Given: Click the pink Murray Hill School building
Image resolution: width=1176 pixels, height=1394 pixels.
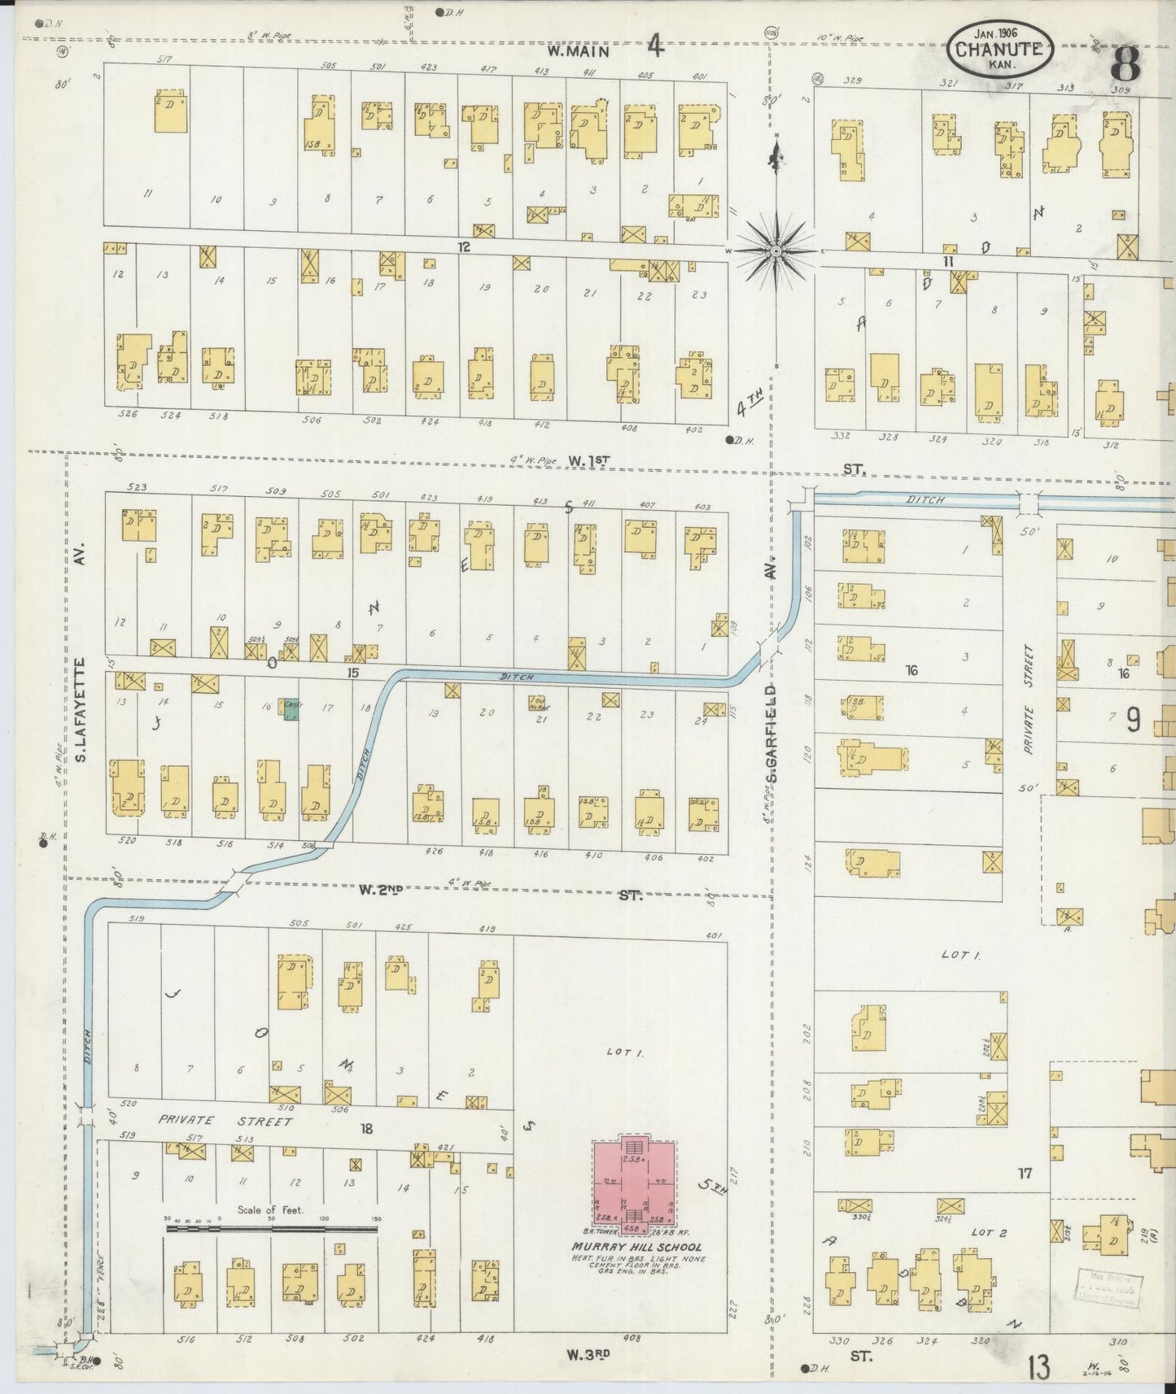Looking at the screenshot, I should pyautogui.click(x=634, y=1183).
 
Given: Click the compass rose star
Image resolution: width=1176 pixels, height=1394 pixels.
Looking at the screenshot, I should pyautogui.click(x=776, y=250).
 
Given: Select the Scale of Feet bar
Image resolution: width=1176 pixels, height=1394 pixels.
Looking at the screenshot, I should pyautogui.click(x=272, y=1228).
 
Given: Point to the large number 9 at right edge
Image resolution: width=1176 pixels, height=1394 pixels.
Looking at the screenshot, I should pyautogui.click(x=1134, y=720).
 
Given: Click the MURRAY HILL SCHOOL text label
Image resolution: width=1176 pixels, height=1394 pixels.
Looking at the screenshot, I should pyautogui.click(x=636, y=1248).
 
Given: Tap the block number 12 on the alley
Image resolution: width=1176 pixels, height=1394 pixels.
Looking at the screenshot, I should pyautogui.click(x=464, y=246).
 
